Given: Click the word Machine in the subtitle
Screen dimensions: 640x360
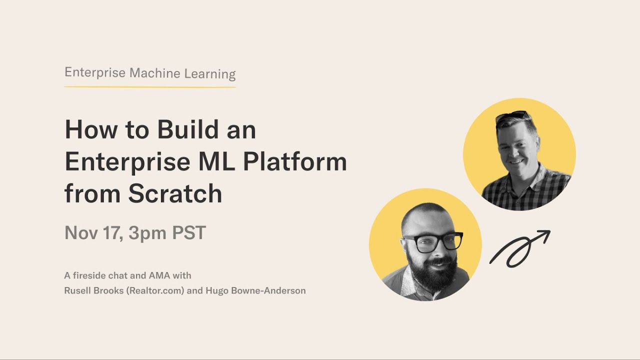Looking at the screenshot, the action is (155, 73).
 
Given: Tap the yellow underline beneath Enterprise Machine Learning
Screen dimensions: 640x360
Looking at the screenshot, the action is (150, 86).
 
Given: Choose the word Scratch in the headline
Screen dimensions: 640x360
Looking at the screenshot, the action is (175, 193).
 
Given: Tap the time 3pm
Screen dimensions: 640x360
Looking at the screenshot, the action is (147, 233).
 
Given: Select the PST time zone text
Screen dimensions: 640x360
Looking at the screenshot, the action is (189, 232).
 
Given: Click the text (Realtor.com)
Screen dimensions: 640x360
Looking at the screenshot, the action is (155, 290).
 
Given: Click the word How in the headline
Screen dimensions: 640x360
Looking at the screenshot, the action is (91, 129).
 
